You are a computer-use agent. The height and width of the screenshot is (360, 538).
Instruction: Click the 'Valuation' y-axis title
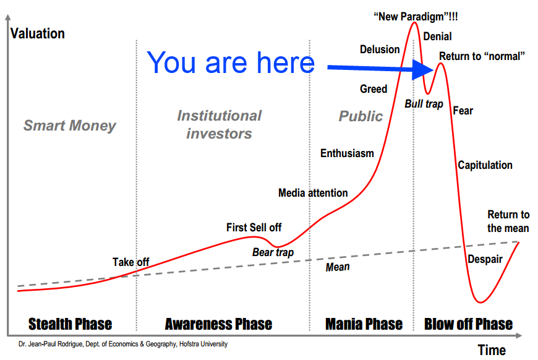[x=37, y=33]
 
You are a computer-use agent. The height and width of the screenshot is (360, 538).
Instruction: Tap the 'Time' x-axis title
[x=492, y=350]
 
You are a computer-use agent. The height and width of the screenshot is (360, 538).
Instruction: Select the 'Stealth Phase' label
[x=70, y=324]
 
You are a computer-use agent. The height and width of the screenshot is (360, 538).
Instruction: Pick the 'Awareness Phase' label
[x=218, y=324]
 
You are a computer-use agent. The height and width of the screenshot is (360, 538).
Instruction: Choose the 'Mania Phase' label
[x=364, y=324]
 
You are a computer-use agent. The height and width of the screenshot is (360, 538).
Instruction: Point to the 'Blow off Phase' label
[x=468, y=324]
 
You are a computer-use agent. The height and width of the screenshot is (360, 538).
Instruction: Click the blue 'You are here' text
[x=231, y=62]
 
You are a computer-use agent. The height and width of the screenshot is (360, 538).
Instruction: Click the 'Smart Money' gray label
[x=70, y=126]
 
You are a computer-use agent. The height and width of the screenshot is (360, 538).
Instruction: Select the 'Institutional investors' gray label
[x=220, y=124]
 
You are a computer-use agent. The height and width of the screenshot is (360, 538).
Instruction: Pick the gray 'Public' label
[x=361, y=116]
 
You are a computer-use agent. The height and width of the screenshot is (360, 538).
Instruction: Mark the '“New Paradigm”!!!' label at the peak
[x=416, y=17]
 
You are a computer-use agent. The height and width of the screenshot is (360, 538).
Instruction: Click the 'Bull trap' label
[x=424, y=104]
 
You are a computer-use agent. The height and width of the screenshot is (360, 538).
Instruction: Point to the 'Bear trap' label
[x=273, y=252]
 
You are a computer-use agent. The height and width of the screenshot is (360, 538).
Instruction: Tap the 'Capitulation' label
[x=485, y=165]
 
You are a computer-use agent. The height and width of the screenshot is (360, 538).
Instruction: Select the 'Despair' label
[x=485, y=259]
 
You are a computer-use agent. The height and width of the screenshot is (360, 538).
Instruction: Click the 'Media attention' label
[x=313, y=193]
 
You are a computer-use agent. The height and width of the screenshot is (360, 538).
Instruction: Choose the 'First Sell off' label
[x=254, y=227]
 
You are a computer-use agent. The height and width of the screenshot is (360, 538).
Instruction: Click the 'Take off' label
[x=130, y=262]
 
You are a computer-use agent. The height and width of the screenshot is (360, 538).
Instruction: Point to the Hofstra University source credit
[x=123, y=344]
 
